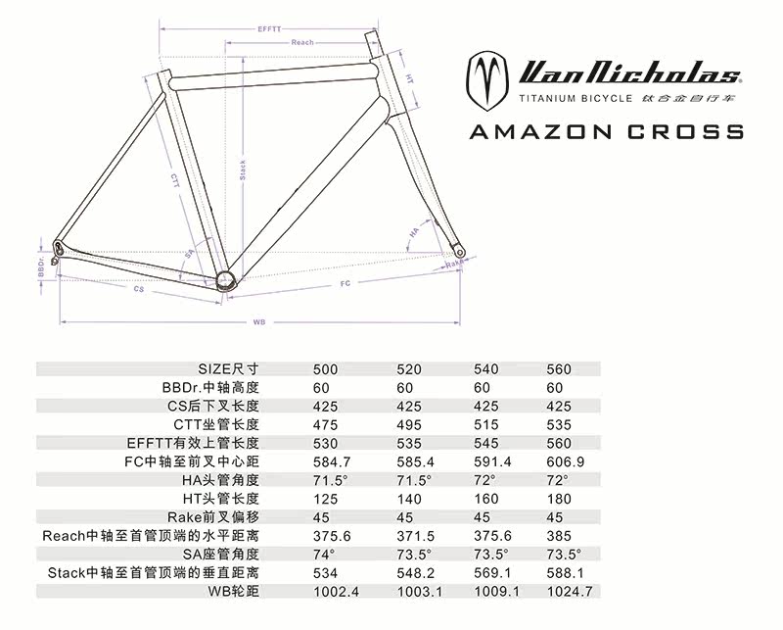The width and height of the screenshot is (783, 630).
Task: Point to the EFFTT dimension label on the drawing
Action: (269, 29)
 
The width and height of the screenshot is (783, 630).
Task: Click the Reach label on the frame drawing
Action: (302, 42)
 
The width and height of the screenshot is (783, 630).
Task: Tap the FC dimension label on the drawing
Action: (345, 283)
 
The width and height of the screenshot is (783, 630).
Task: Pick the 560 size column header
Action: (558, 369)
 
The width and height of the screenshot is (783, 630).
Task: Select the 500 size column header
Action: (326, 369)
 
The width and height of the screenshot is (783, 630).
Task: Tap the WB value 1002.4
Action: (334, 592)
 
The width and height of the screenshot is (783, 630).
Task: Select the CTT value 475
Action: (325, 425)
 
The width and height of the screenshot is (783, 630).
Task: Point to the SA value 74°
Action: (324, 555)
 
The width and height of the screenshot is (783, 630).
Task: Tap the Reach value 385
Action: (557, 536)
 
